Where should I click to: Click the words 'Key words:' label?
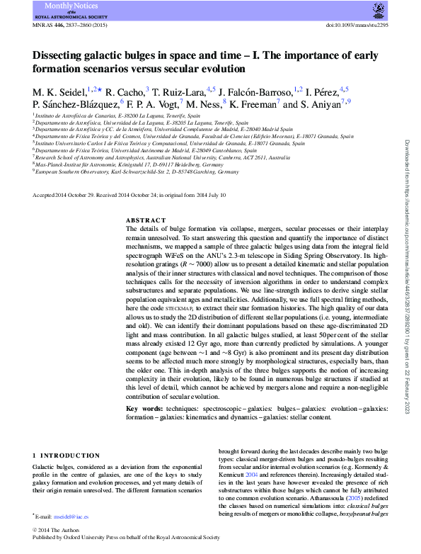tap(146, 409)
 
